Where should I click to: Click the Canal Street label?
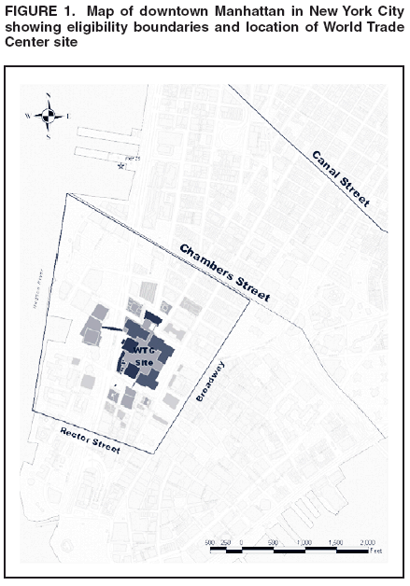[x=341, y=178]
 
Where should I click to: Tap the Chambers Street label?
[x=224, y=272]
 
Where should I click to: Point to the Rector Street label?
[x=90, y=439]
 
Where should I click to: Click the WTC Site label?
[x=146, y=356]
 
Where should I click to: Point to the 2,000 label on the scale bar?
[x=366, y=542]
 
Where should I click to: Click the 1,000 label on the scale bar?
[x=304, y=542]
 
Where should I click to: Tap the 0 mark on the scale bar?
[x=241, y=542]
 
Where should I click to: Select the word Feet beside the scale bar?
[x=375, y=551]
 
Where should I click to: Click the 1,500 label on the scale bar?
[x=334, y=542]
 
